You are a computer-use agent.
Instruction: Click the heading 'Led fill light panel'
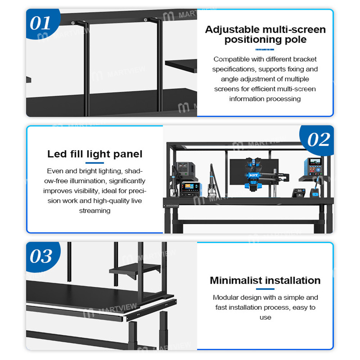tap(95, 154)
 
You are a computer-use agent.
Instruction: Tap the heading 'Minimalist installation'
tap(265, 280)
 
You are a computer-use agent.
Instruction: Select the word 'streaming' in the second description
tap(95, 211)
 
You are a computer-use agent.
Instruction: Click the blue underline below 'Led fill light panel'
tap(95, 163)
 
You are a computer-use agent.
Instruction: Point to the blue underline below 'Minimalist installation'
tap(265, 289)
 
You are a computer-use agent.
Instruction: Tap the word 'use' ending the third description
tap(265, 317)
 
